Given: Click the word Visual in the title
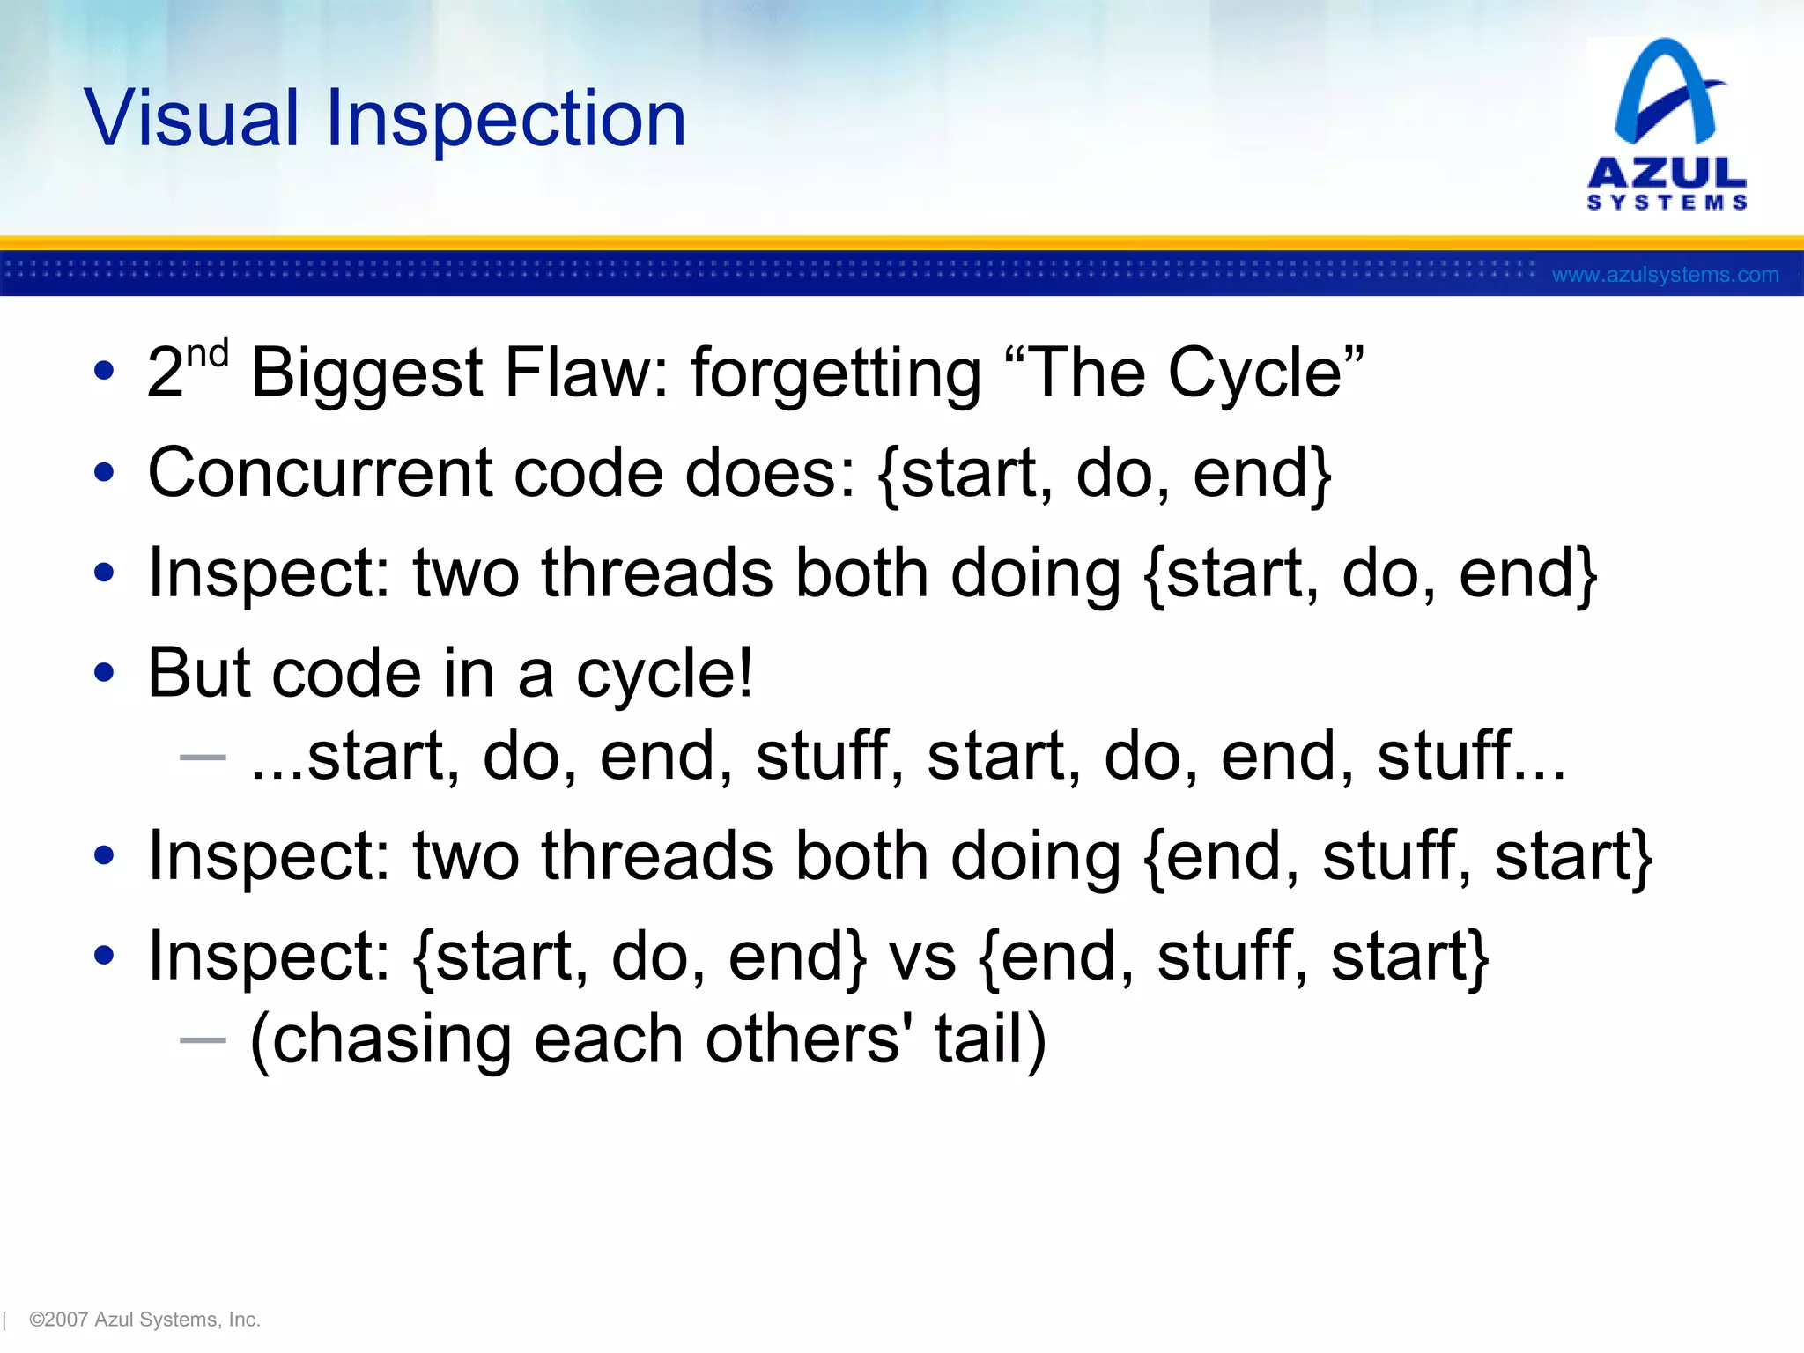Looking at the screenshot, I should [192, 119].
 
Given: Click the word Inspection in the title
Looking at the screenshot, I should [506, 119].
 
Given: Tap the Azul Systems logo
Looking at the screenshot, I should [1667, 123].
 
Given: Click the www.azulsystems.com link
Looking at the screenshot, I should [1665, 275].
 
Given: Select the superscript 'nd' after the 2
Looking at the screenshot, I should [207, 355].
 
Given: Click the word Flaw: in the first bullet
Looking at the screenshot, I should [586, 373].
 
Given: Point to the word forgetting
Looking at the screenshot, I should [835, 373].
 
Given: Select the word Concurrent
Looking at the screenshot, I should [319, 474].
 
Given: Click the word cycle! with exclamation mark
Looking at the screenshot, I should [665, 674].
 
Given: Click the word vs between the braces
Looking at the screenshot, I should [921, 957].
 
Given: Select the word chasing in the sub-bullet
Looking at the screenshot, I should [381, 1039].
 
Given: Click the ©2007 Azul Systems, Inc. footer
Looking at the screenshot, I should [144, 1320].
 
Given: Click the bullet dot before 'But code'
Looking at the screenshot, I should [104, 673].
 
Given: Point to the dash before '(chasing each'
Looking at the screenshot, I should [203, 1040].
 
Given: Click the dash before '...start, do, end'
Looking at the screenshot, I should [203, 757].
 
